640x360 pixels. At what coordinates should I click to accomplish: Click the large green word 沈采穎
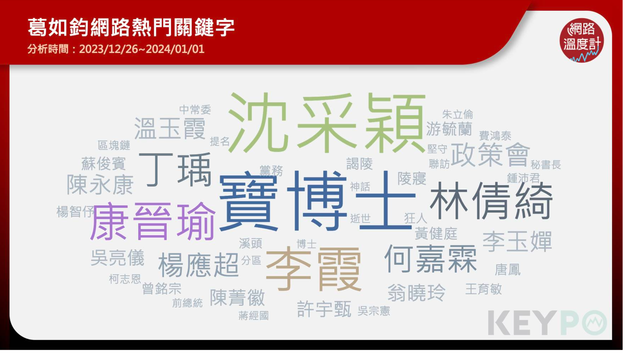tap(327, 123)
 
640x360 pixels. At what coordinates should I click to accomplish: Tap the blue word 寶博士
tap(317, 201)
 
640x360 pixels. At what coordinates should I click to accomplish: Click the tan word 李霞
tap(313, 269)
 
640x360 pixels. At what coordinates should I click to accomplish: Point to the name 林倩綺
tap(491, 201)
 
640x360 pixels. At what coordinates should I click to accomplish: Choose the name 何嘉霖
tap(430, 259)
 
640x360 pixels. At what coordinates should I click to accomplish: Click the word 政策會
tap(490, 154)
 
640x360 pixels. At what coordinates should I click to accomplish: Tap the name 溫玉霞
tap(170, 128)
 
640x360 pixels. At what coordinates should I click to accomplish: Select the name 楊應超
tap(198, 265)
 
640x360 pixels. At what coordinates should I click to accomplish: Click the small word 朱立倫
tap(457, 114)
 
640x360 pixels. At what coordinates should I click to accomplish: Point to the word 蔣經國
tap(253, 316)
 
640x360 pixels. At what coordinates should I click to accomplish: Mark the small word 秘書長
tap(546, 165)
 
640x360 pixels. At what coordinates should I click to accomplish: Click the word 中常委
tap(195, 109)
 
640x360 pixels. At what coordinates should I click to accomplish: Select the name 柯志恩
tap(125, 279)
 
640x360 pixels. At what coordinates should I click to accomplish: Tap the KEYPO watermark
tap(547, 323)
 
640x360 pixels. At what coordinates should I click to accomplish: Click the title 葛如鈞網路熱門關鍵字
tap(131, 27)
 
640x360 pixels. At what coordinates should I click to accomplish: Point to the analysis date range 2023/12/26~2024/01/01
tap(142, 49)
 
